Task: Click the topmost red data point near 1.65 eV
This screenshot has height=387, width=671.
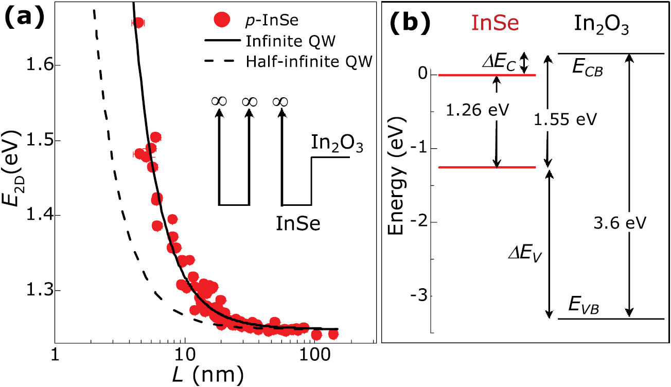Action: click(x=138, y=23)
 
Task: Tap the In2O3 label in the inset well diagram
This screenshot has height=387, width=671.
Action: click(x=337, y=144)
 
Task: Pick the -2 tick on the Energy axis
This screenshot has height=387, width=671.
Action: click(x=418, y=222)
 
